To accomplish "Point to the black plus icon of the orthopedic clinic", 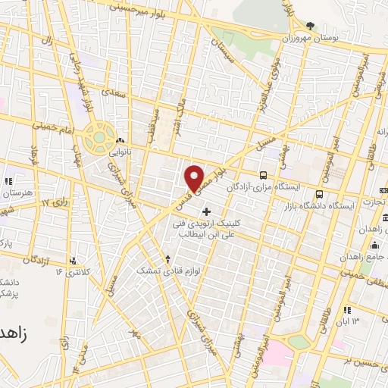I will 207,210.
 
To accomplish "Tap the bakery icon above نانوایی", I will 120,140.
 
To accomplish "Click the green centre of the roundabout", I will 97,137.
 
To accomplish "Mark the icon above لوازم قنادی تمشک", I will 167,259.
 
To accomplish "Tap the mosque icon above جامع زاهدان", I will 374,245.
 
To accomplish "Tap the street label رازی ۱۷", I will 55,202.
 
